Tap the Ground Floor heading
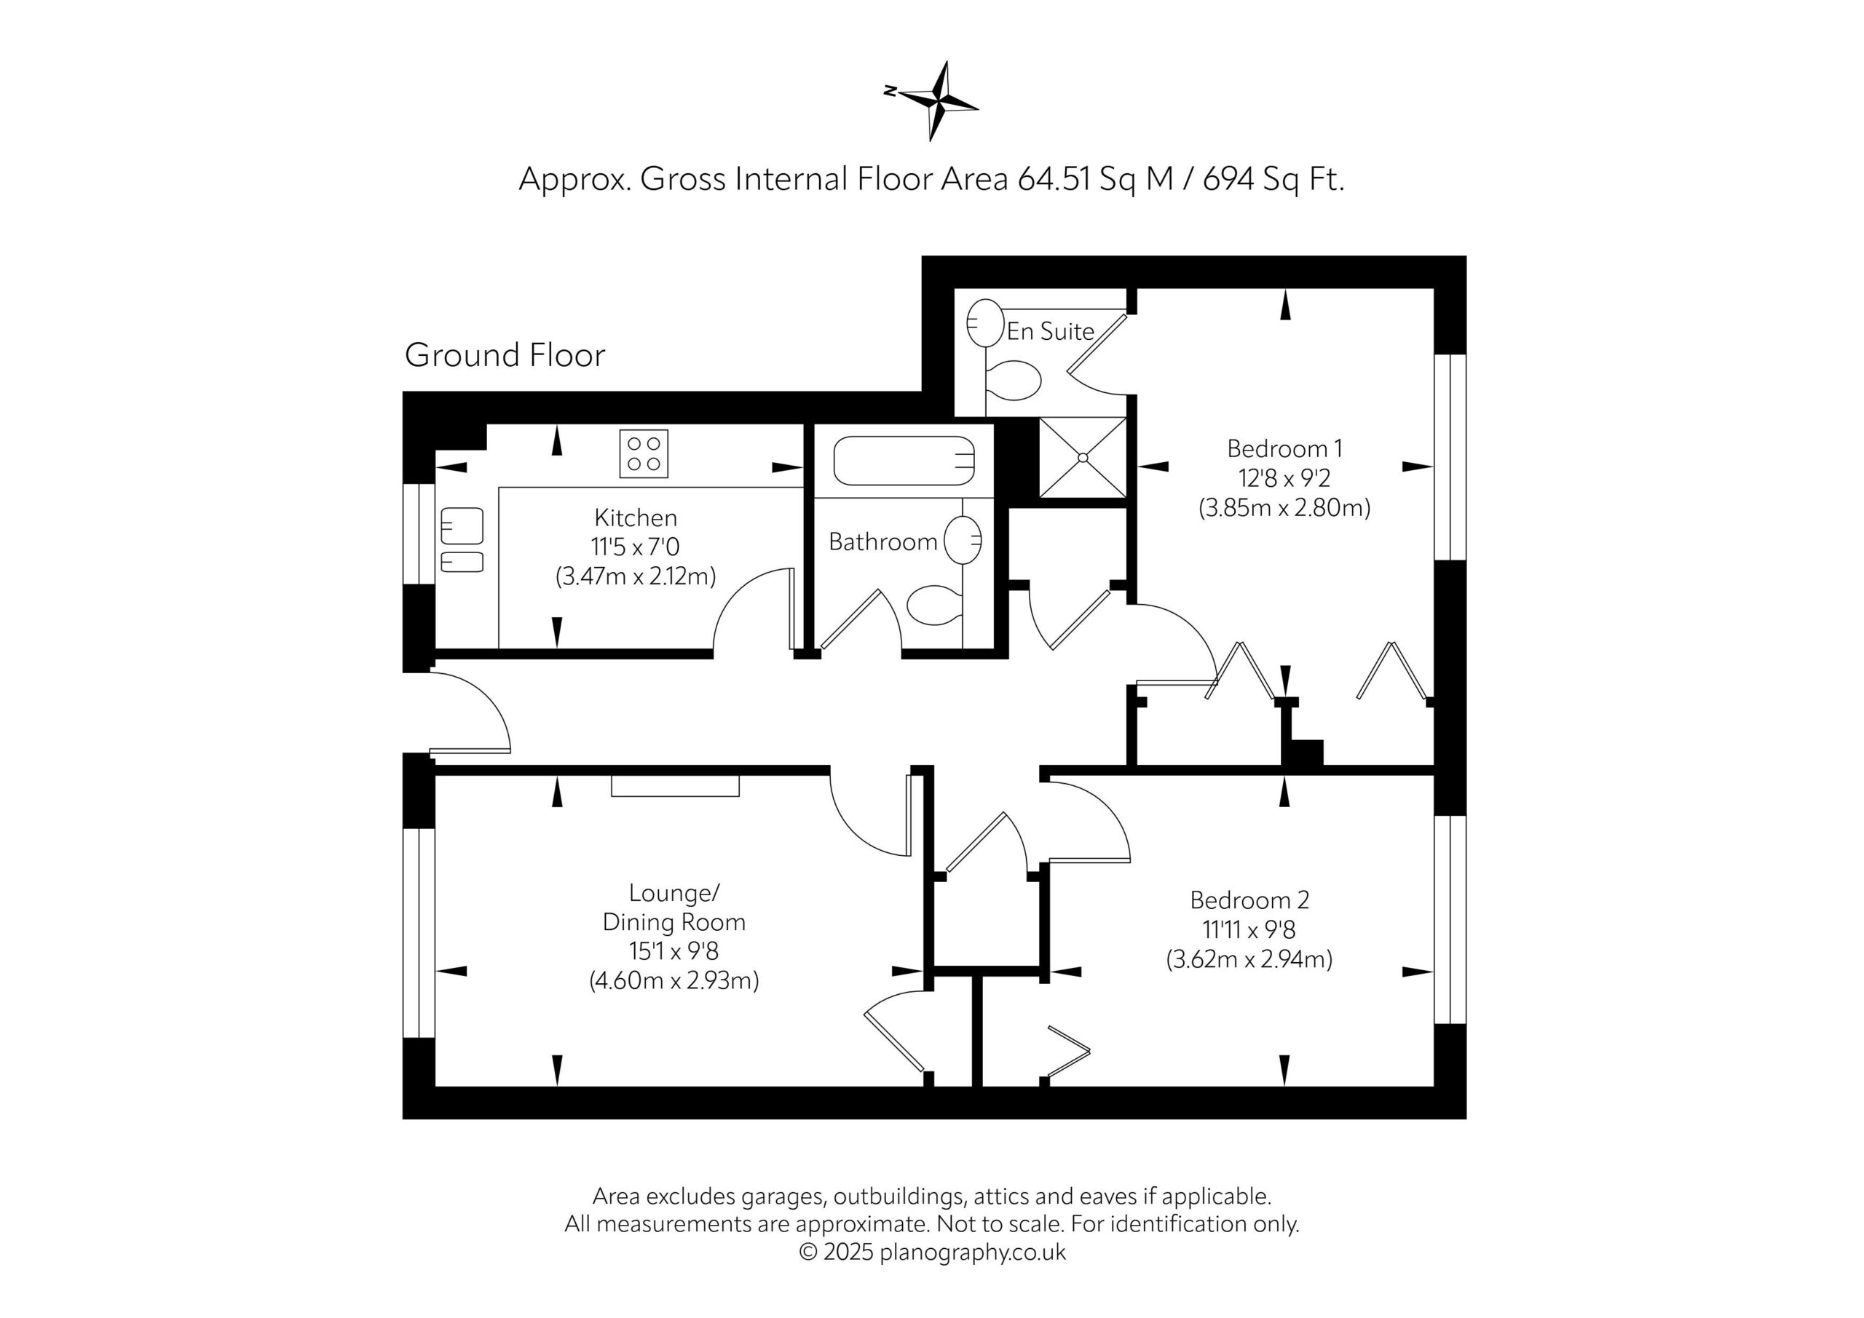pos(505,355)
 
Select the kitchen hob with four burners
pos(644,453)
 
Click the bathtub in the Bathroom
pos(904,460)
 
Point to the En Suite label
pos(1051,331)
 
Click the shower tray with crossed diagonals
pos(1083,457)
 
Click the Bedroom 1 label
pos(1284,448)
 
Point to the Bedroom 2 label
pos(1249,900)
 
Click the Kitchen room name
pos(636,517)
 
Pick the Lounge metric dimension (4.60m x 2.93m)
pos(674,981)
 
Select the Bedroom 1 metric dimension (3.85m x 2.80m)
pos(1284,508)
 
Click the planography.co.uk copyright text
pos(932,1253)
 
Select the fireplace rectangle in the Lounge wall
pos(676,785)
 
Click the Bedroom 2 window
pos(1450,919)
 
